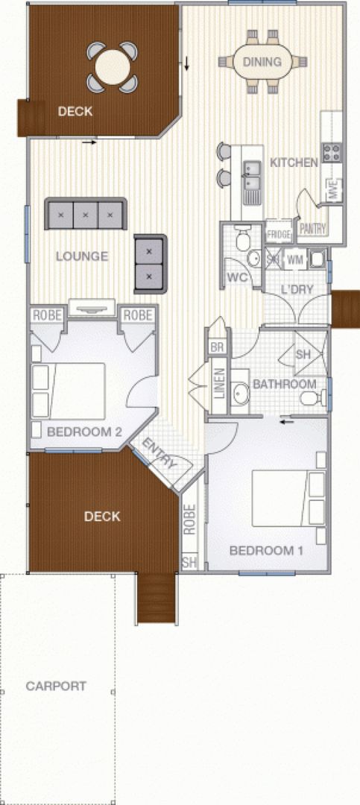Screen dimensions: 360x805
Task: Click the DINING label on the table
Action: pos(262,62)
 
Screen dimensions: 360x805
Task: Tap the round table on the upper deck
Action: pos(113,67)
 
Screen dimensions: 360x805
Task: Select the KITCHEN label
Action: pos(294,162)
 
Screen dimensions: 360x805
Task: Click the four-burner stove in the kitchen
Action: pos(331,152)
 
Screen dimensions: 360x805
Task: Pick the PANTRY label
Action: pos(312,229)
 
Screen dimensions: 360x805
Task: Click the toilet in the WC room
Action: pos(242,239)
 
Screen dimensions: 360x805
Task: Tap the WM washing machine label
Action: pos(294,259)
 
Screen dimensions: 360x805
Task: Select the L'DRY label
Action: pos(297,289)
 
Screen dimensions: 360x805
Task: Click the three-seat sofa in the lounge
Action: pos(86,214)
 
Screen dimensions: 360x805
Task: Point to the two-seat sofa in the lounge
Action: pos(150,264)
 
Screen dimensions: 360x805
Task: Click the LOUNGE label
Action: pos(82,256)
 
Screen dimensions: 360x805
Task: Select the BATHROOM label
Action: pos(285,384)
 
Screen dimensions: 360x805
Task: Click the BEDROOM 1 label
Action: pos(266,551)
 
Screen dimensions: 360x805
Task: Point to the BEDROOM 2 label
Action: pos(84,432)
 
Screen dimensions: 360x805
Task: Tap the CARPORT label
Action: pos(56,686)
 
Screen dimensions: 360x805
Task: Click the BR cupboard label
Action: pos(217,347)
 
